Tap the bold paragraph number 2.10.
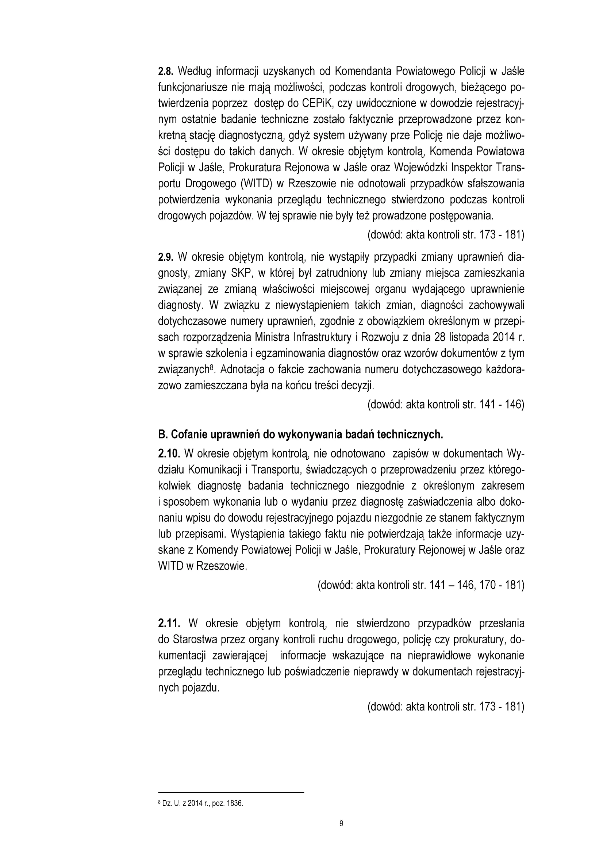pos(169,454)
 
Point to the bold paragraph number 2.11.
pos(169,623)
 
